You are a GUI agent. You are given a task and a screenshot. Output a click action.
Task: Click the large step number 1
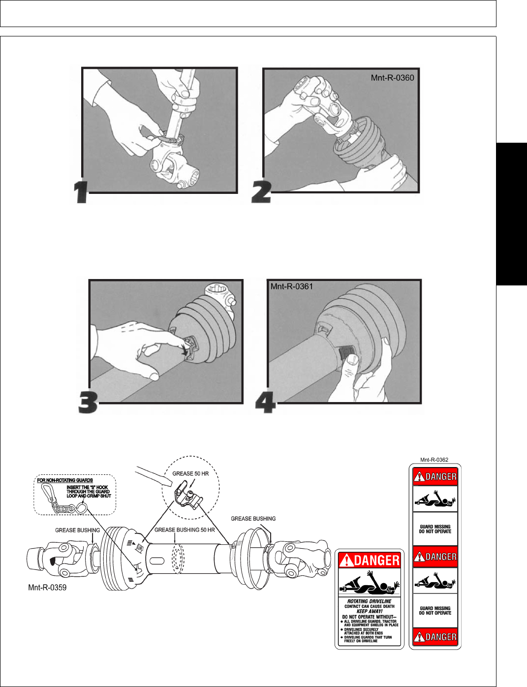81,192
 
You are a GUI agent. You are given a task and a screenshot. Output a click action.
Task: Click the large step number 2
261,192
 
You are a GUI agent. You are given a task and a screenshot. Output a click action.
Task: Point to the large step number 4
265,404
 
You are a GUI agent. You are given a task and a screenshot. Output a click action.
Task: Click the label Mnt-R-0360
392,78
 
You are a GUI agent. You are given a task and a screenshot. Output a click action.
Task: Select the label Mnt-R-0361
292,286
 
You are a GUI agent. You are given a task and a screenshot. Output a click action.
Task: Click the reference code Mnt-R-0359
47,587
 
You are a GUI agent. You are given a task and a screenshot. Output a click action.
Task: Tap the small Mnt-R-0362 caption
434,460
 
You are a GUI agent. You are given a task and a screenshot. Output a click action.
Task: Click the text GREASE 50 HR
190,473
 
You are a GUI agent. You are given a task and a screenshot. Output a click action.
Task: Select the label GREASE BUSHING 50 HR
185,530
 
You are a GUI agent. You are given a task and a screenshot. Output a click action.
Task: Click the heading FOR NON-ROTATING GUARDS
65,480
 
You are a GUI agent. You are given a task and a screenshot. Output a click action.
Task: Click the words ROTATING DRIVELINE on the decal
369,601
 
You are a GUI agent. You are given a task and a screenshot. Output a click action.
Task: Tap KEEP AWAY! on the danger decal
369,611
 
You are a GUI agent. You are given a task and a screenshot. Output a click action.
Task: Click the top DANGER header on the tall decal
435,476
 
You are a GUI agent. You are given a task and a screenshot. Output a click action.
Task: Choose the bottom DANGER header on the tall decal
435,637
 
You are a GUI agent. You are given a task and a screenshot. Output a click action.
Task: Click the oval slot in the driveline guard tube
156,561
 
